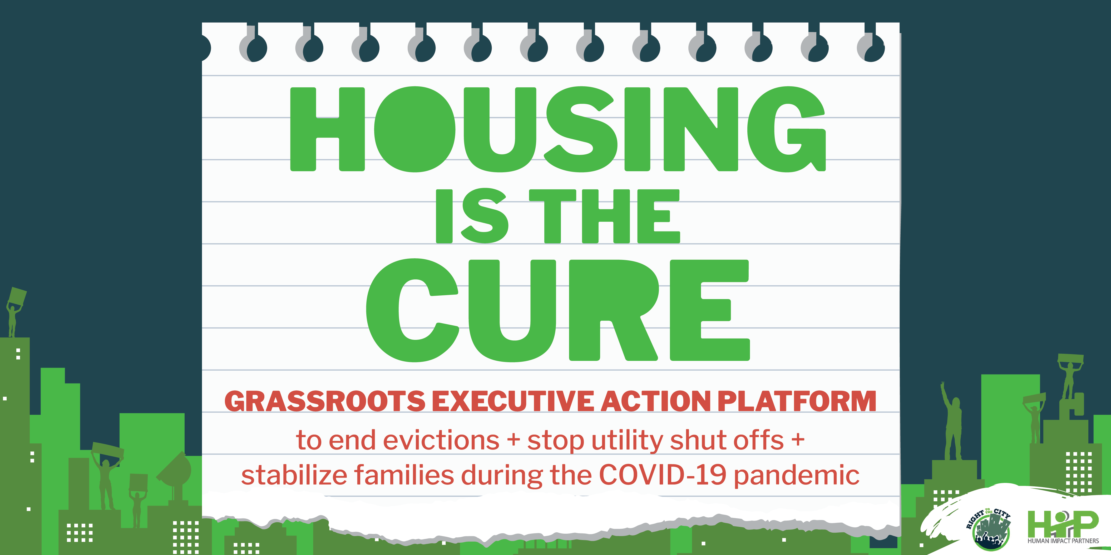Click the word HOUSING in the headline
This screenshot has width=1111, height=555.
[x=558, y=129]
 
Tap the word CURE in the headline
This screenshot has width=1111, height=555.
[x=558, y=310]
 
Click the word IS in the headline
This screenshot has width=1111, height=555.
[x=472, y=216]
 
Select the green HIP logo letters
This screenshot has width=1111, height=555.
[x=1063, y=523]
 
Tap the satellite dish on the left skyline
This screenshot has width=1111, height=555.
[x=176, y=472]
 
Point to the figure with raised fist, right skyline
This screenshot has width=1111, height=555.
[x=952, y=420]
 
